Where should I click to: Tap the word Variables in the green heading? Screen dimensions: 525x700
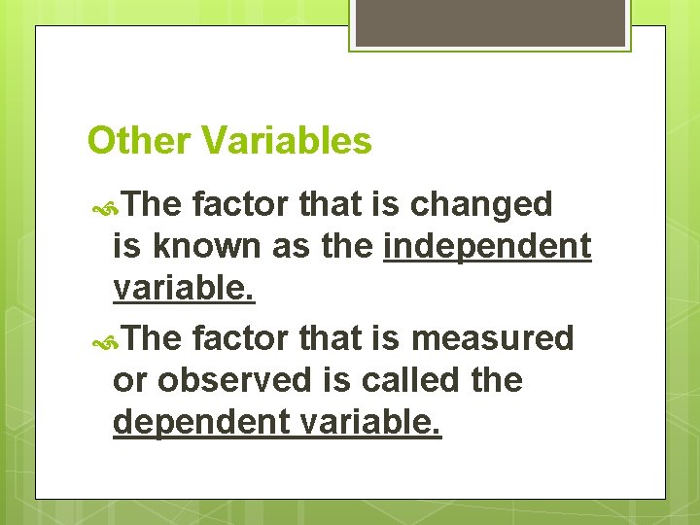(x=287, y=142)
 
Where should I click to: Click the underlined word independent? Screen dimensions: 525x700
(x=487, y=247)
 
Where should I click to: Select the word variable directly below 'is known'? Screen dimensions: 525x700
(x=184, y=289)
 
